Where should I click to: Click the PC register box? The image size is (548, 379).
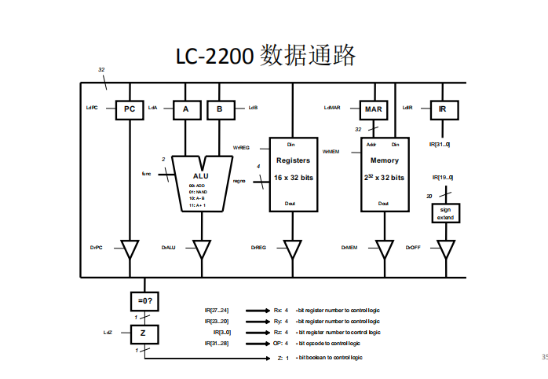pyautogui.click(x=130, y=109)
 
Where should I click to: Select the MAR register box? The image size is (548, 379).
pyautogui.click(x=374, y=109)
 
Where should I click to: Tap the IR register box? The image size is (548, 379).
pyautogui.click(x=443, y=109)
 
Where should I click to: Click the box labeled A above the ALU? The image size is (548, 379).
pyautogui.click(x=186, y=109)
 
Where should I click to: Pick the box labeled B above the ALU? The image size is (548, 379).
pyautogui.click(x=220, y=109)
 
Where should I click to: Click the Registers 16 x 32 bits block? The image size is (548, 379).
pyautogui.click(x=293, y=174)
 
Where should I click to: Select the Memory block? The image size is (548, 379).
pyautogui.click(x=385, y=174)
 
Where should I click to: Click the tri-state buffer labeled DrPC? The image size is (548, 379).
pyautogui.click(x=130, y=249)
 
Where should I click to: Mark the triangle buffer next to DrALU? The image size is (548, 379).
pyautogui.click(x=202, y=249)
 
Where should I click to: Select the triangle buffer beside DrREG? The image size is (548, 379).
pyautogui.click(x=293, y=249)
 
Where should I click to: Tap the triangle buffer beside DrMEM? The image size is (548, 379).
pyautogui.click(x=385, y=249)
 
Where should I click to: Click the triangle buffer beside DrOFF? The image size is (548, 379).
pyautogui.click(x=446, y=249)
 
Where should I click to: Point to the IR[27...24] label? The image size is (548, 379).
pyautogui.click(x=217, y=311)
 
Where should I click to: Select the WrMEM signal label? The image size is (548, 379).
pyautogui.click(x=331, y=151)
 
